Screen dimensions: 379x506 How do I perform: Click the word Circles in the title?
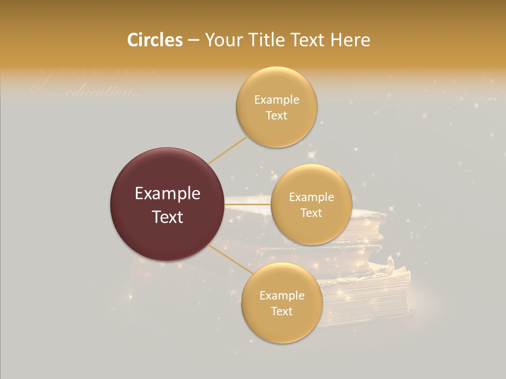[x=155, y=40]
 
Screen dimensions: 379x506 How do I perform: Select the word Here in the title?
[x=351, y=40]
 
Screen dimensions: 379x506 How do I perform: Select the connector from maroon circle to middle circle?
[x=247, y=204]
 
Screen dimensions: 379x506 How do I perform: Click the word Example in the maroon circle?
[x=168, y=194]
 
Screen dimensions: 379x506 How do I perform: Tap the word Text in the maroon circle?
[x=168, y=217]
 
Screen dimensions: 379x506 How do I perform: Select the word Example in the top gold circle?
[x=277, y=100]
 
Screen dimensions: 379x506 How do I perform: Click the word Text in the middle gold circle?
[x=311, y=213]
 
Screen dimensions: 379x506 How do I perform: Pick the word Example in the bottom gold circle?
[x=281, y=296]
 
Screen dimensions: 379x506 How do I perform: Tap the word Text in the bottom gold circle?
[x=281, y=311]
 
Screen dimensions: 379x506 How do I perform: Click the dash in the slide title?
[x=193, y=41]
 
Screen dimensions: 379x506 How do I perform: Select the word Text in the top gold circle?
[x=276, y=115]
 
